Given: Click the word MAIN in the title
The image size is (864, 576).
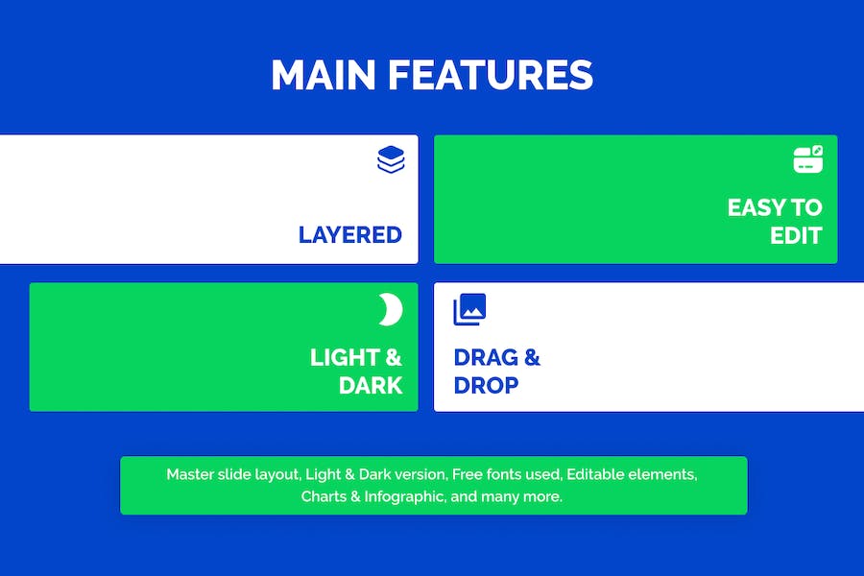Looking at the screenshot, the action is coord(324,75).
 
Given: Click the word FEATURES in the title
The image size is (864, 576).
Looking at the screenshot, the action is coord(491,75).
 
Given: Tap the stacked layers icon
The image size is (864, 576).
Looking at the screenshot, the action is coord(392,160).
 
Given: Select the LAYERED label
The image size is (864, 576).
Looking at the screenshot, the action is coord(349,235).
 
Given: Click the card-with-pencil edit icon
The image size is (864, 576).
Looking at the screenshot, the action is coord(808,159).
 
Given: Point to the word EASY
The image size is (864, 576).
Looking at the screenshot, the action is coord(756,207).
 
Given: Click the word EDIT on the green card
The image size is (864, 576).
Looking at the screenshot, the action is coord(796,236).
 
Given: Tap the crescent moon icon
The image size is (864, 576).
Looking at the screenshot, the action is coord(391,309).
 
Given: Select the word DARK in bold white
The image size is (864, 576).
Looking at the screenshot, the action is coord(371,385).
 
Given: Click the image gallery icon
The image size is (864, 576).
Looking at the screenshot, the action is coord(469,309).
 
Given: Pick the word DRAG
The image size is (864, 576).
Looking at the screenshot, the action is coord(486,358).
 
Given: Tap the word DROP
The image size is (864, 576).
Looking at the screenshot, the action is coord(486,385).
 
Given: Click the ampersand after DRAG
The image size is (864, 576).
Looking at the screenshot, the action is coord(532,358).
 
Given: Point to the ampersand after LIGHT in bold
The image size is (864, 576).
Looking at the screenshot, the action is coord(394,358).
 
